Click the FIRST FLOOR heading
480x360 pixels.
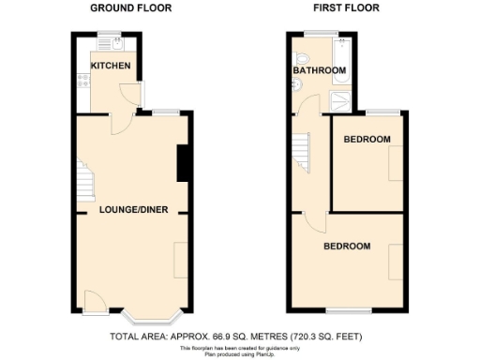point(345,7)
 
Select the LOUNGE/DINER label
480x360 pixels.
point(134,210)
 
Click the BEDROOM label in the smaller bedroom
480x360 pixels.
point(367,140)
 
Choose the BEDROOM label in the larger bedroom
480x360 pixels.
point(347,247)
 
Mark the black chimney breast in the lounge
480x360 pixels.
point(183,162)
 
